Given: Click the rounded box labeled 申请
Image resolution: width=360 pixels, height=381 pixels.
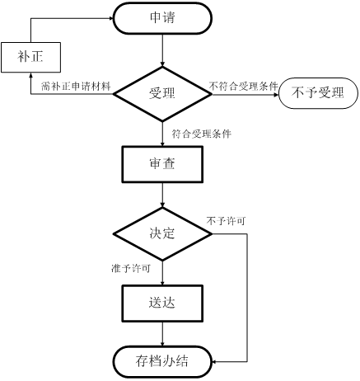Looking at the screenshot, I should (x=162, y=18).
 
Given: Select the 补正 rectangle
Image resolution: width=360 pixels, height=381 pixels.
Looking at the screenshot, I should (x=30, y=58).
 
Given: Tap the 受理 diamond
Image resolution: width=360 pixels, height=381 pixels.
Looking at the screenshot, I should (x=162, y=93).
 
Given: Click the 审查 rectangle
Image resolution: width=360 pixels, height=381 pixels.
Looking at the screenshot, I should (x=162, y=163).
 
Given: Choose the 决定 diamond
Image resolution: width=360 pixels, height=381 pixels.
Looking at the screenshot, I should (x=162, y=233).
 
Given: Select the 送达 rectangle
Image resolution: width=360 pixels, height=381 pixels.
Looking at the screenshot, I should (x=162, y=303).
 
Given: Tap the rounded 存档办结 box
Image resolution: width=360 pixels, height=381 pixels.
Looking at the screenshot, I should (x=162, y=361).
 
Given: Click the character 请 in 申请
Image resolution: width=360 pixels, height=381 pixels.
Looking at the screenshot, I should (x=169, y=18).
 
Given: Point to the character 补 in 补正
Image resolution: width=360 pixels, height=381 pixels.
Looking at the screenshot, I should (x=24, y=58).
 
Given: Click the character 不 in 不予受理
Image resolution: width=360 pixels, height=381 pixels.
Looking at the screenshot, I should (x=297, y=92).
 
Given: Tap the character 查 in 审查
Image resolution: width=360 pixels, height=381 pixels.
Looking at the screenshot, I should (x=169, y=163).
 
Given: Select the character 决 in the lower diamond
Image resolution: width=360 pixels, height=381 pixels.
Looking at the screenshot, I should (x=156, y=233).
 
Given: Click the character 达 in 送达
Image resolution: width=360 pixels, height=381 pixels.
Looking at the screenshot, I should (x=169, y=303).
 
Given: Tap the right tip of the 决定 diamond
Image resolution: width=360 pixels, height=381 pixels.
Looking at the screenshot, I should (x=207, y=233).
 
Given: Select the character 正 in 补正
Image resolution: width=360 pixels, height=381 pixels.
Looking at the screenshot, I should (x=37, y=58).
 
